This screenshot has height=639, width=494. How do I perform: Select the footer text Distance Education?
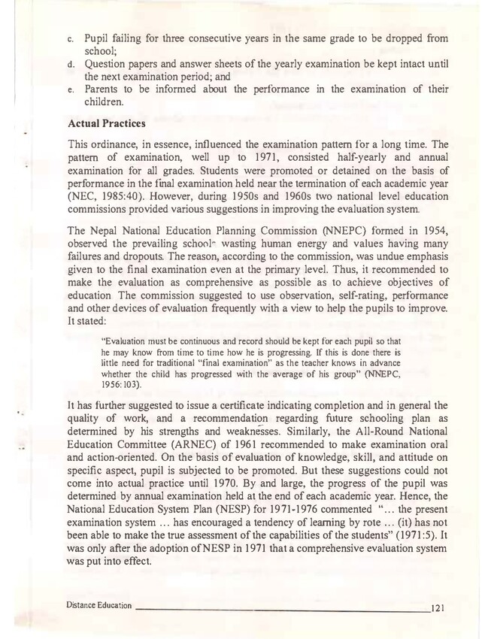[98, 606]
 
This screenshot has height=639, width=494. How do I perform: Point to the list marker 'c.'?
[71, 38]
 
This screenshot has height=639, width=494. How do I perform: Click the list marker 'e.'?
[71, 91]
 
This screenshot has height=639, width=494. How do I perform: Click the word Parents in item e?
[106, 91]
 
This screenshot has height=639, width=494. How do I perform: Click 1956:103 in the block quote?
[121, 383]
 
